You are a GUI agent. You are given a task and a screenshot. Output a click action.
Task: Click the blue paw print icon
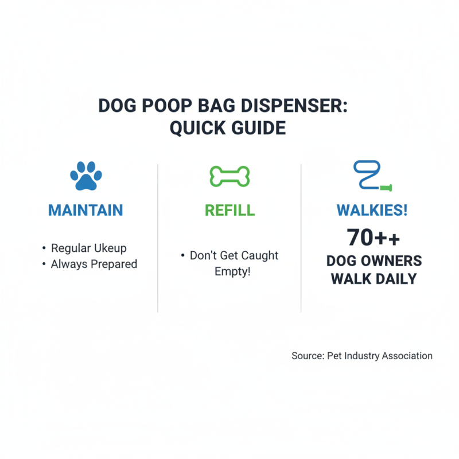85,176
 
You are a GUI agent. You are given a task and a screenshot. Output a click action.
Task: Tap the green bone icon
229,176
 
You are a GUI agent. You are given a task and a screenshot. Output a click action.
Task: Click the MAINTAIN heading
85,210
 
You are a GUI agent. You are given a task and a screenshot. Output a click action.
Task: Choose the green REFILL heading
229,210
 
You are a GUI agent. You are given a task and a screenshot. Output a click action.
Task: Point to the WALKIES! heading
372,210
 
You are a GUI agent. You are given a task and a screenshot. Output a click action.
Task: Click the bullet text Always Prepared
94,264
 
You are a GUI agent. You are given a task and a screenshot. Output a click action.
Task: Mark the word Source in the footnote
308,356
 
